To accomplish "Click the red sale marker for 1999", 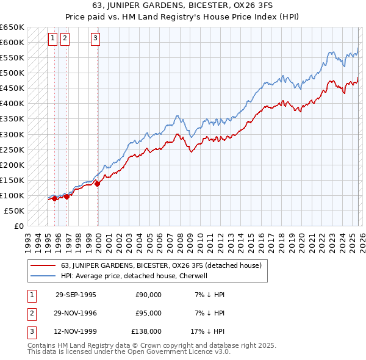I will coord(97,183).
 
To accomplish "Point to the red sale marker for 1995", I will coord(55,198).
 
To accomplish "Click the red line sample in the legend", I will coord(43,265).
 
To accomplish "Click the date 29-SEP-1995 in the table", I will coord(76,295).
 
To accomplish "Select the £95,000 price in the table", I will coord(148,313).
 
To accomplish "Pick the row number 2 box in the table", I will coord(30,313).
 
